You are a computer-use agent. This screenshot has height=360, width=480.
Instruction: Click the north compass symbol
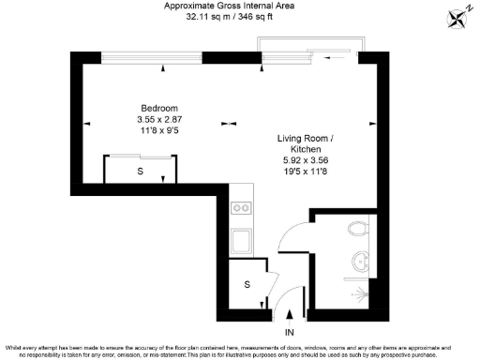pos(458,17)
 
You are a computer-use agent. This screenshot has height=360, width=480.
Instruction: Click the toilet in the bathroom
pos(357,228)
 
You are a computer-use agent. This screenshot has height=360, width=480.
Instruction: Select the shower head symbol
pos(359,293)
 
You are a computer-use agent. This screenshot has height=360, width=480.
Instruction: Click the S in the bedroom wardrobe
pos(140,172)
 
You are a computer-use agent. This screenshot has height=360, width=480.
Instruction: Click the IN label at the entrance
pos(289,332)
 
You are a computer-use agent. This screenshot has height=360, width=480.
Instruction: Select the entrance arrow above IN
pos(289,316)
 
